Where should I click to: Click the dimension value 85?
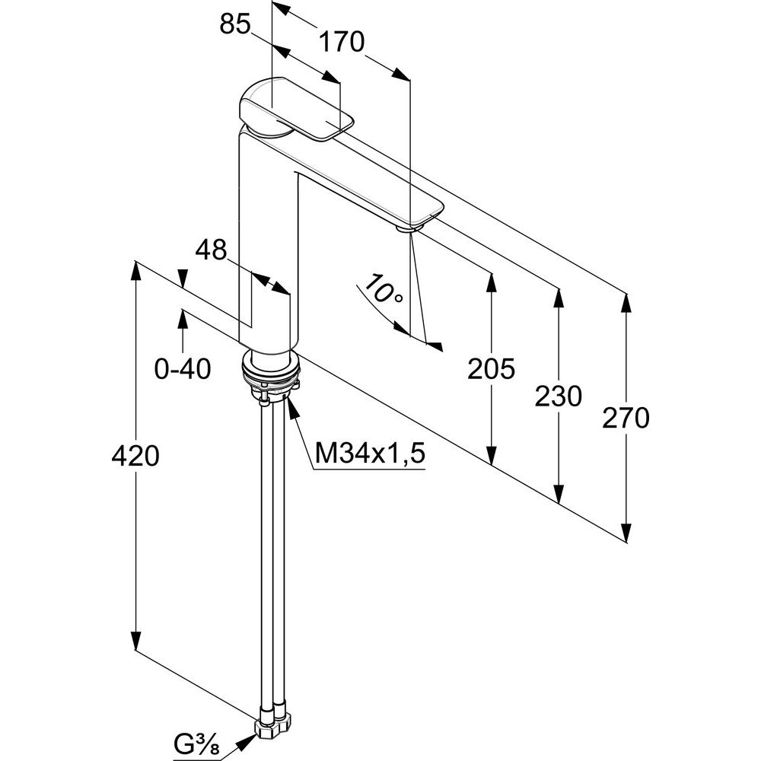point(235,25)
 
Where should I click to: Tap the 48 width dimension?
point(211,250)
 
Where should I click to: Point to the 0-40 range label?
point(182,369)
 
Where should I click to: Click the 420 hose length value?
point(135,456)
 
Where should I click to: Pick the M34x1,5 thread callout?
point(369,454)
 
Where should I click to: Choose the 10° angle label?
point(383,291)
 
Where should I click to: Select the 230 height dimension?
point(559,396)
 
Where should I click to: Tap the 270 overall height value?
point(626,418)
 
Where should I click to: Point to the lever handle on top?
point(297,109)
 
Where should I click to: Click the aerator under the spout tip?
point(410,227)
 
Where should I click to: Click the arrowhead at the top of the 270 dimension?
point(626,304)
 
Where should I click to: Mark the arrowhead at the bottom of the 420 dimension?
point(135,640)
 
